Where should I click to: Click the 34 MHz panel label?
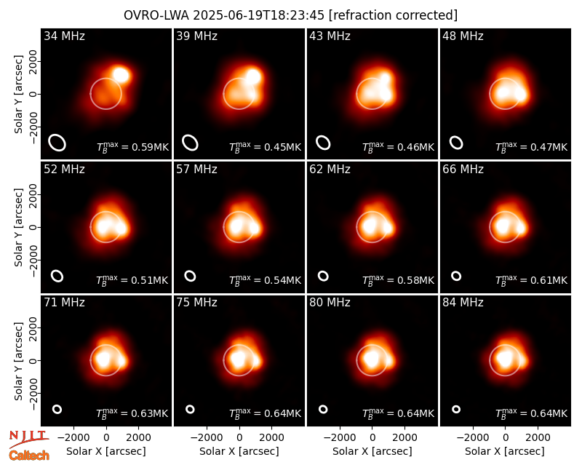[x=64, y=36]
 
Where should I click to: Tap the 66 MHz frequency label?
[x=463, y=170]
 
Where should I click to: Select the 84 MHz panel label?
[x=463, y=303]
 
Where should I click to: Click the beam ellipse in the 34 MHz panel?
[x=57, y=143]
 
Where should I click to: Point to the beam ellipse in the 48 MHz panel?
[x=456, y=143]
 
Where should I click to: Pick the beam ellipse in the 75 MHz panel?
[x=190, y=409]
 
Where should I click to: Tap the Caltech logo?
[x=29, y=456]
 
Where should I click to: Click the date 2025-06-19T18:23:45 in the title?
[x=258, y=15]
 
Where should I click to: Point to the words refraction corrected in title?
[x=394, y=15]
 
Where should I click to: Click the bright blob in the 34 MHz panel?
[x=121, y=75]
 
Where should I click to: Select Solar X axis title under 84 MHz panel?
[x=505, y=451]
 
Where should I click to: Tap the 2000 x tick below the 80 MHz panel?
[x=404, y=437]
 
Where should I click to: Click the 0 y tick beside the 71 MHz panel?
[x=33, y=360]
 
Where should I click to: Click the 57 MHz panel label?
[x=196, y=170]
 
